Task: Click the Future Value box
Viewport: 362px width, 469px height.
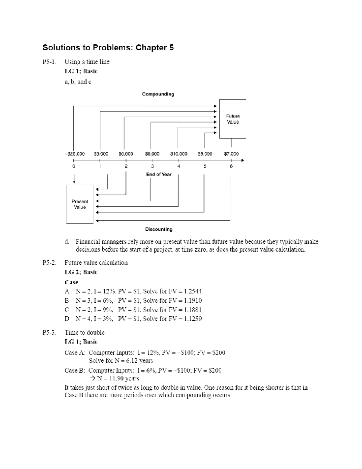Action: tap(233, 119)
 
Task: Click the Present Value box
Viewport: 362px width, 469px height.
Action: tap(80, 204)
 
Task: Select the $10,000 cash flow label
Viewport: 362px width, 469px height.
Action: tap(179, 154)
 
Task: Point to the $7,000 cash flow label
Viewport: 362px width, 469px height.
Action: tap(231, 154)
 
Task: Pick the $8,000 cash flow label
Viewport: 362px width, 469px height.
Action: tap(205, 154)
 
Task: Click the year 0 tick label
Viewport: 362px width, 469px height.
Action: tap(74, 166)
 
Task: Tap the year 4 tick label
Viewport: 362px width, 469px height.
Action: tap(179, 166)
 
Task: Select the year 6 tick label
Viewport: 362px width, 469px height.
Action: tap(231, 166)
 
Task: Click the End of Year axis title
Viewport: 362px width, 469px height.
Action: tap(159, 174)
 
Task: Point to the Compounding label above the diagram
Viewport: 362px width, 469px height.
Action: tap(158, 94)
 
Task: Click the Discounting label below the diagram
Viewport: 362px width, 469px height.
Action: tap(159, 230)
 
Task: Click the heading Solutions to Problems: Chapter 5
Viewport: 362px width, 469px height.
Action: tap(108, 48)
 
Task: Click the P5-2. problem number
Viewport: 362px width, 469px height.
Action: tap(49, 263)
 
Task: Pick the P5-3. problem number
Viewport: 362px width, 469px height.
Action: tap(49, 332)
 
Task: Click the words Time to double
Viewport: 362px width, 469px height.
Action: tap(84, 332)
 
